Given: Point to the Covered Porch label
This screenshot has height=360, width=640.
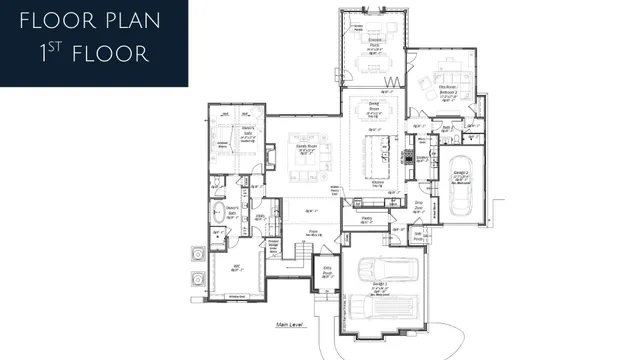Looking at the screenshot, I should tap(371, 42).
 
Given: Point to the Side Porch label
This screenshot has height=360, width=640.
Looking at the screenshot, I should tap(418, 235).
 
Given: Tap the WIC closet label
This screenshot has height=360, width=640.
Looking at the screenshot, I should tap(237, 265).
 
